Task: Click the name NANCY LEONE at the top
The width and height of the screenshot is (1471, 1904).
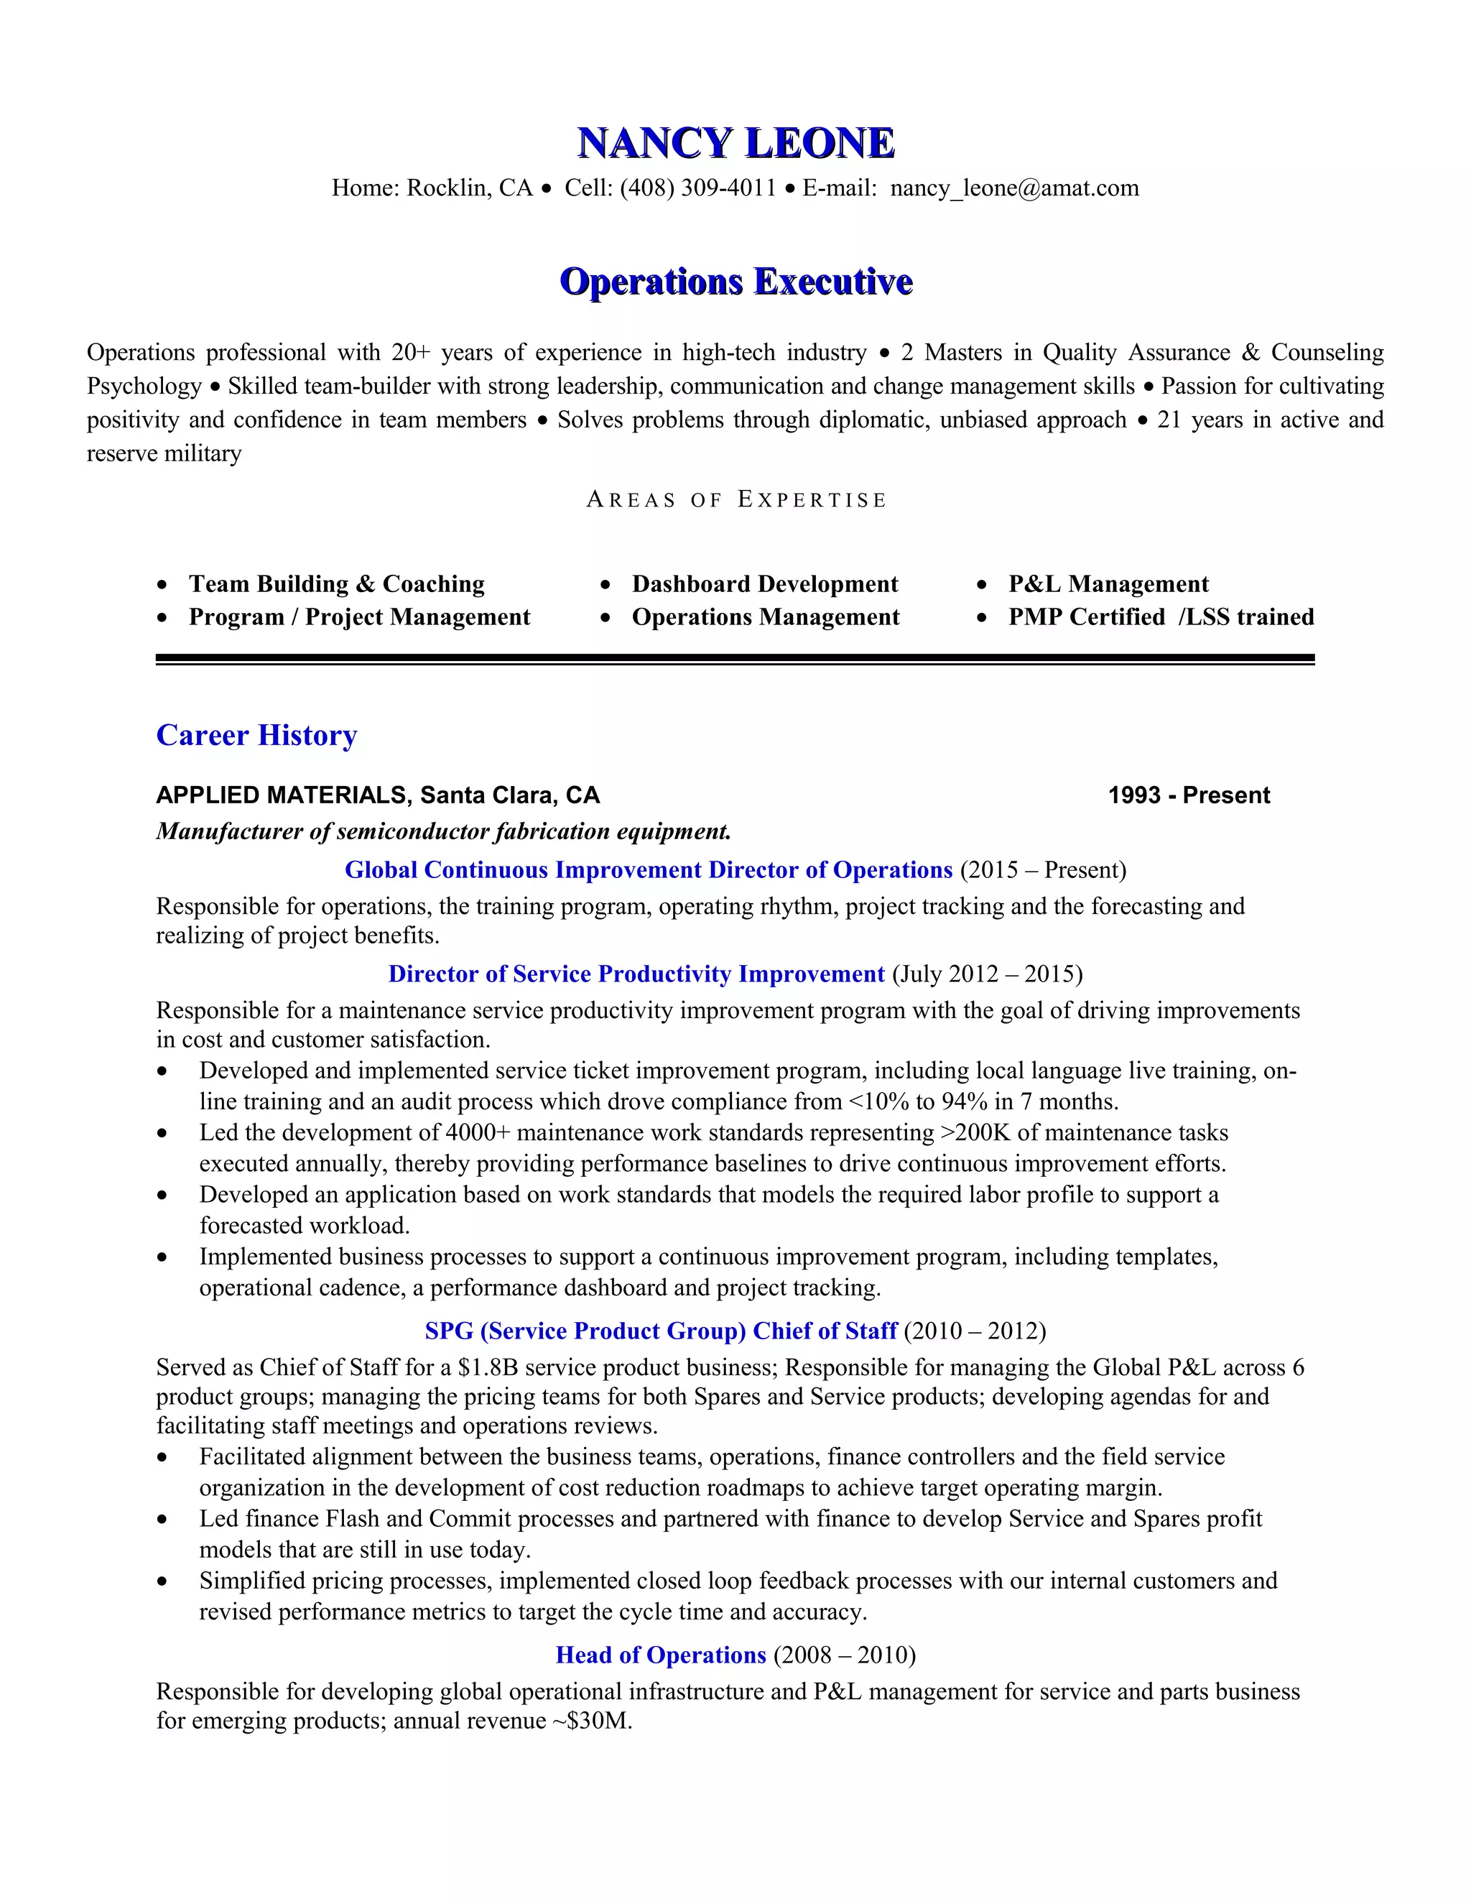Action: pos(735,144)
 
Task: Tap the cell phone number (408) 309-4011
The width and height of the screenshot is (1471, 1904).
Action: pos(697,188)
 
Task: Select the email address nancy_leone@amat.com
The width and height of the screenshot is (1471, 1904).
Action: pos(1014,188)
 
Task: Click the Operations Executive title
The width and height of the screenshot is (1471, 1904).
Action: pos(735,282)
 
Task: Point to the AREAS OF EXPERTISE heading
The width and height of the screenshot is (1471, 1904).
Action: pos(735,500)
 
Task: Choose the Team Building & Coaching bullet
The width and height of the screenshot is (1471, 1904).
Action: pos(336,584)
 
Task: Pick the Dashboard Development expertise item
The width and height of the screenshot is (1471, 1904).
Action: pos(764,584)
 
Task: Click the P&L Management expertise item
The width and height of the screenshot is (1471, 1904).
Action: pos(1108,584)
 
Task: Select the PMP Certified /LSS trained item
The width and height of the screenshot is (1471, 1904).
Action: pos(1161,617)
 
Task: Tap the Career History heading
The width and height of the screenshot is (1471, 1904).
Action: pos(256,735)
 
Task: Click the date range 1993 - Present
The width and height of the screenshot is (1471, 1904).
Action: pos(1189,795)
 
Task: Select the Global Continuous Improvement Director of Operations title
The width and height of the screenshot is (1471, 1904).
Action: pos(649,870)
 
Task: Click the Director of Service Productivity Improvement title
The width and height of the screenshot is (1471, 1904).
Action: pos(636,974)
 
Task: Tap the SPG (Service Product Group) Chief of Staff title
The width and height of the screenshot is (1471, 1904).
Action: pos(661,1331)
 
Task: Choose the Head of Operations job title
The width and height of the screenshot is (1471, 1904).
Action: pos(661,1655)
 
